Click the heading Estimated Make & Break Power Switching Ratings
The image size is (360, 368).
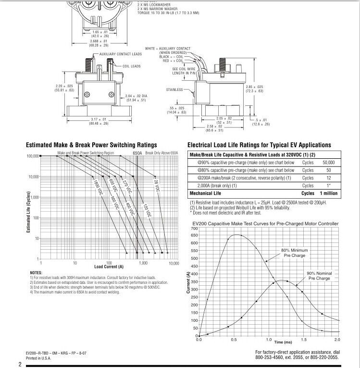pos(91,145)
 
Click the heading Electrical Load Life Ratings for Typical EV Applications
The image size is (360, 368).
pos(259,145)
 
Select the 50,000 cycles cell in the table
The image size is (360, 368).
pos(329,163)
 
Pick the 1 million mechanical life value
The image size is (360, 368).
pos(326,193)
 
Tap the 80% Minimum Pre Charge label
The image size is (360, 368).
pos(295,253)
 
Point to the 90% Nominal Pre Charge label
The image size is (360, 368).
pos(320,276)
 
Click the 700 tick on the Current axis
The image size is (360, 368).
pos(194,228)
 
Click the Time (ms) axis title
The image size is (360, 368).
pos(283,342)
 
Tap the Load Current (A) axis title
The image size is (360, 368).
pos(109,266)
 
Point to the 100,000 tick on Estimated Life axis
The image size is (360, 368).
pos(32,156)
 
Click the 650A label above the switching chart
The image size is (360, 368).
pos(137,152)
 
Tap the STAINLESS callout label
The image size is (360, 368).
pos(174,89)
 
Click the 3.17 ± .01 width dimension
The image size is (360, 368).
pos(98,119)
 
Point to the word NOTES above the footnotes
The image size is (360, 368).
pos(36,273)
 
